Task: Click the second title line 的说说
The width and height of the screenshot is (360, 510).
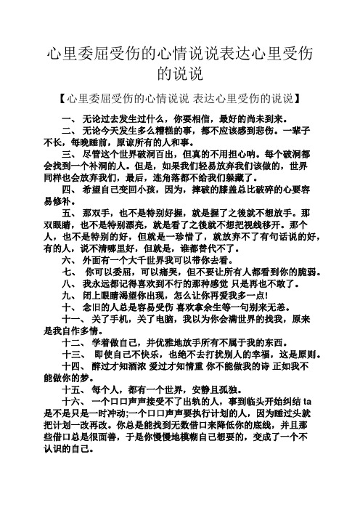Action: coord(180,73)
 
